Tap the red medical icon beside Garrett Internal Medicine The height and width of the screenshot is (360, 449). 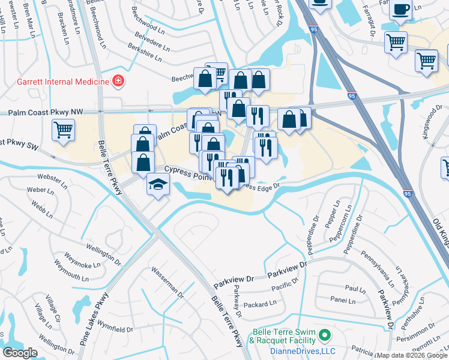point(118,81)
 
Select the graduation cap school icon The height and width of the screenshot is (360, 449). point(157,184)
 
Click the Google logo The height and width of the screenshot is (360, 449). point(20,353)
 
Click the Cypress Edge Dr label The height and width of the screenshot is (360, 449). point(264,187)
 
